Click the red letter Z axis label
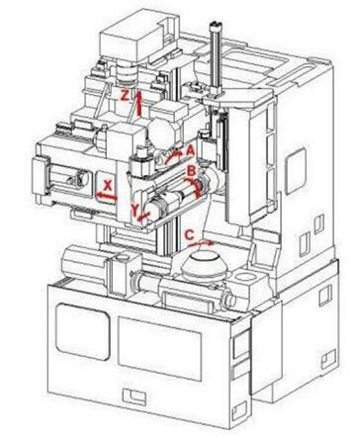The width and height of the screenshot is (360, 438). click(x=125, y=95)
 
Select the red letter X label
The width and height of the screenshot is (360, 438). click(x=108, y=186)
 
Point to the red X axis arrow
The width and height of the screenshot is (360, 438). click(x=106, y=197)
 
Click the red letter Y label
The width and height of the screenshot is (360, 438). click(x=135, y=210)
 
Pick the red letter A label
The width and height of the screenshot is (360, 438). click(x=190, y=150)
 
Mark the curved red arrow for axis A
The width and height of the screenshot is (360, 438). click(x=173, y=156)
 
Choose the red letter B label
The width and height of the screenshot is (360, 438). click(x=191, y=171)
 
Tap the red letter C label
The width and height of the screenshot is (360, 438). click(x=189, y=235)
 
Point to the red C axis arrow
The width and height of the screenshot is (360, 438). click(x=202, y=243)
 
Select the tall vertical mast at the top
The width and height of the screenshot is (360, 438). click(x=216, y=57)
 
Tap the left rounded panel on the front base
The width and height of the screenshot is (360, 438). click(x=82, y=331)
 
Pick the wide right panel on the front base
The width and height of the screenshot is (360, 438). click(x=159, y=348)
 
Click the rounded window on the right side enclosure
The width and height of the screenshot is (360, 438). click(x=295, y=171)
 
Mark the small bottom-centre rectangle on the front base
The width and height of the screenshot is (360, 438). click(x=135, y=396)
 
